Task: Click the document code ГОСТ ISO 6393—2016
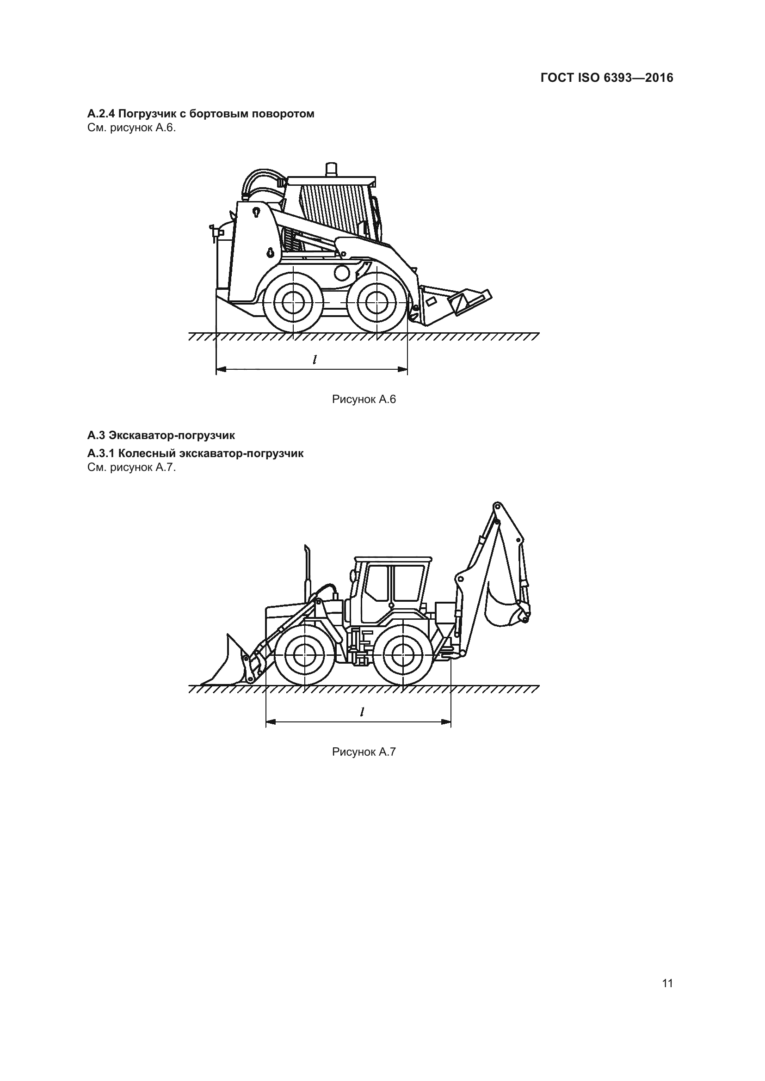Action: click(x=607, y=78)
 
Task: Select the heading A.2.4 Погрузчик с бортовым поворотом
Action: click(x=201, y=114)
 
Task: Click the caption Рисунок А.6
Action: click(x=364, y=399)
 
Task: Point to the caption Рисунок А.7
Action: click(x=364, y=752)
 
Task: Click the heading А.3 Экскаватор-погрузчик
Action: click(x=161, y=435)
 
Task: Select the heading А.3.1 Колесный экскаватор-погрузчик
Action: click(x=196, y=453)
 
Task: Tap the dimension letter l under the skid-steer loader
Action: click(x=314, y=360)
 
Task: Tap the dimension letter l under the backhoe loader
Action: click(x=361, y=712)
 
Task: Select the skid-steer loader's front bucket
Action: click(x=455, y=302)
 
